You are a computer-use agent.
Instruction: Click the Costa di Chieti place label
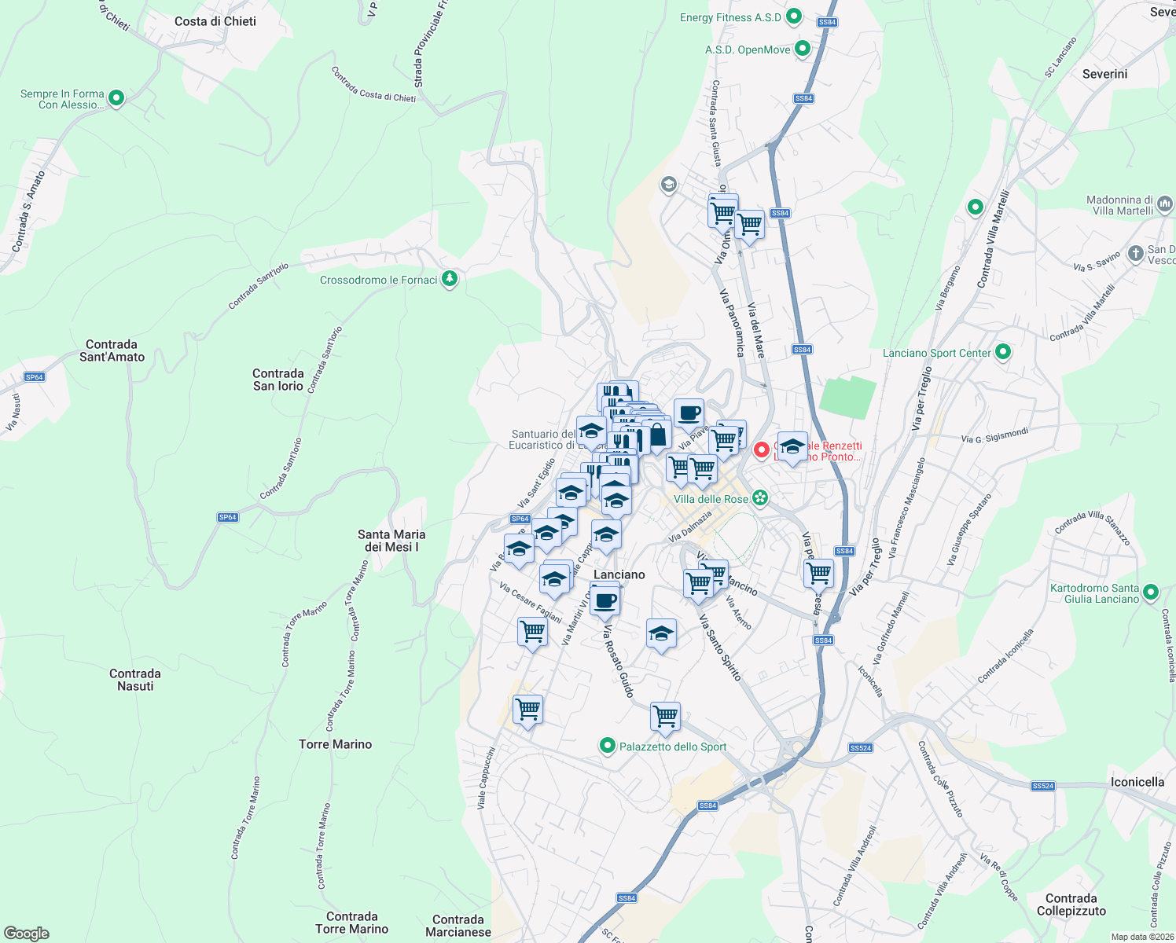[x=215, y=21]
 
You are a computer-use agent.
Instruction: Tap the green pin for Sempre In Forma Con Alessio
[x=116, y=98]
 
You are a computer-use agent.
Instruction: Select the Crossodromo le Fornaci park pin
[x=450, y=279]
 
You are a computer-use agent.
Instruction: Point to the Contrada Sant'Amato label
[x=112, y=350]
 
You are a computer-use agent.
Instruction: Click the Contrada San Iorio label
[x=278, y=380]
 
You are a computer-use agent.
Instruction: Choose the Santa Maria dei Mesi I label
[x=391, y=541]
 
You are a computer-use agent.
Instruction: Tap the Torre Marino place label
[x=335, y=744]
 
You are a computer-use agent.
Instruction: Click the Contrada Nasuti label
[x=135, y=680]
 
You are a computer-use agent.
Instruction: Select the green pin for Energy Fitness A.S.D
[x=794, y=17]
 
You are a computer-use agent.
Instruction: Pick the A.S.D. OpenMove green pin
[x=803, y=49]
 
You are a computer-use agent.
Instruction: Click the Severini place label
[x=1104, y=74]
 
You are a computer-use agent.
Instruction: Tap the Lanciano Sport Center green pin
[x=1003, y=352]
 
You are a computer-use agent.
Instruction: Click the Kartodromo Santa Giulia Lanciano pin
[x=1151, y=593]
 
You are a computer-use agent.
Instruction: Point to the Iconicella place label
[x=1137, y=782]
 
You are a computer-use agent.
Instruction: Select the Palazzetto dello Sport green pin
[x=607, y=746]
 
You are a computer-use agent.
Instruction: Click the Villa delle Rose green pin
[x=759, y=498]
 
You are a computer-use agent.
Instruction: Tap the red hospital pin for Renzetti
[x=761, y=450]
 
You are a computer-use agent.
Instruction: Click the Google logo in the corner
[x=27, y=934]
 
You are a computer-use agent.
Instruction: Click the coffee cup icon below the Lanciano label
[x=605, y=602]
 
